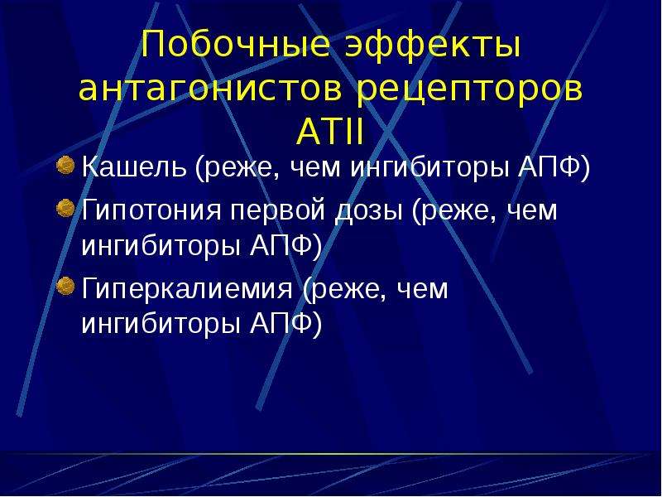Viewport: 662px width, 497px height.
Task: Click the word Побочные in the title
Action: point(236,44)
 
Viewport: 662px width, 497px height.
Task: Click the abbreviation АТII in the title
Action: point(329,132)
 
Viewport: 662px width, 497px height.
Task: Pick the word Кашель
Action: point(134,166)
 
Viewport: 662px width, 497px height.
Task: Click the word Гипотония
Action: point(151,210)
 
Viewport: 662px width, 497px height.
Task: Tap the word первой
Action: point(278,211)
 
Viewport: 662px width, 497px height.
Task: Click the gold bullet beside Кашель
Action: point(65,164)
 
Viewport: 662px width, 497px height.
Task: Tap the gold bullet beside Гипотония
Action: point(65,208)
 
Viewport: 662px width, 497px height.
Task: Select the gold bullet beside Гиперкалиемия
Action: point(65,286)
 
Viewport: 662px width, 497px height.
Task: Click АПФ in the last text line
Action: point(281,323)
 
